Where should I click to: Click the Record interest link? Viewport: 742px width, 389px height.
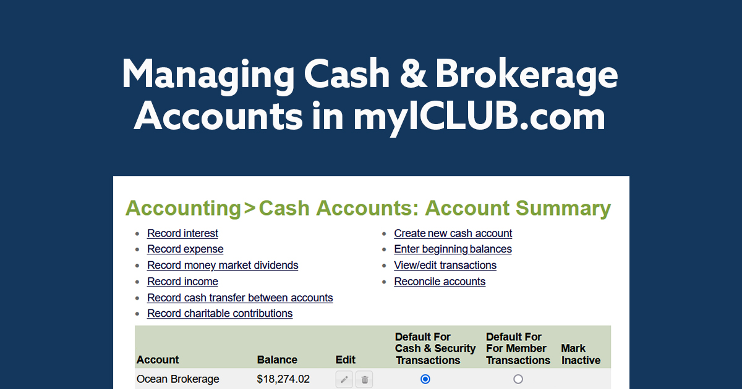[182, 233]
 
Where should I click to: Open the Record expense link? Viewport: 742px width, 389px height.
[185, 249]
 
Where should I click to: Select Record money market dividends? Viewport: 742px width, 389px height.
[223, 266]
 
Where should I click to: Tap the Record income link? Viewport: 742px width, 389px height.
[182, 282]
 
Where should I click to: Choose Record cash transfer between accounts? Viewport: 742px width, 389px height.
[240, 298]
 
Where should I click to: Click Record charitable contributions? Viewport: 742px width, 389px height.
[220, 313]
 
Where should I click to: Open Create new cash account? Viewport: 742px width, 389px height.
[453, 233]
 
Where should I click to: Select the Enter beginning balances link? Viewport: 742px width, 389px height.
[453, 249]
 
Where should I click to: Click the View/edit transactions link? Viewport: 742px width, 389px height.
[445, 266]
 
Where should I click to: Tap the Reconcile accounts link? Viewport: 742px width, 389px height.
[440, 282]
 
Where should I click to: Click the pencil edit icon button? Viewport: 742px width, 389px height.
[344, 379]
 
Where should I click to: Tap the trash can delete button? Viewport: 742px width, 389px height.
[364, 379]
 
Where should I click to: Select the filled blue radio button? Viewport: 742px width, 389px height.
[425, 379]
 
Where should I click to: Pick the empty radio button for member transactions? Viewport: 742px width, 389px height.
[518, 379]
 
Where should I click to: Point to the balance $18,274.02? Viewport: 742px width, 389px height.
[283, 379]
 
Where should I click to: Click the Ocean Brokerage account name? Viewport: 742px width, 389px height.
[178, 379]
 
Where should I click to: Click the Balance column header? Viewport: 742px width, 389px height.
[277, 360]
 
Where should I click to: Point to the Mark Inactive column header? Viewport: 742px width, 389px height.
[581, 354]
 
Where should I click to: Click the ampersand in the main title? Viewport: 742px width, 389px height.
[412, 75]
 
